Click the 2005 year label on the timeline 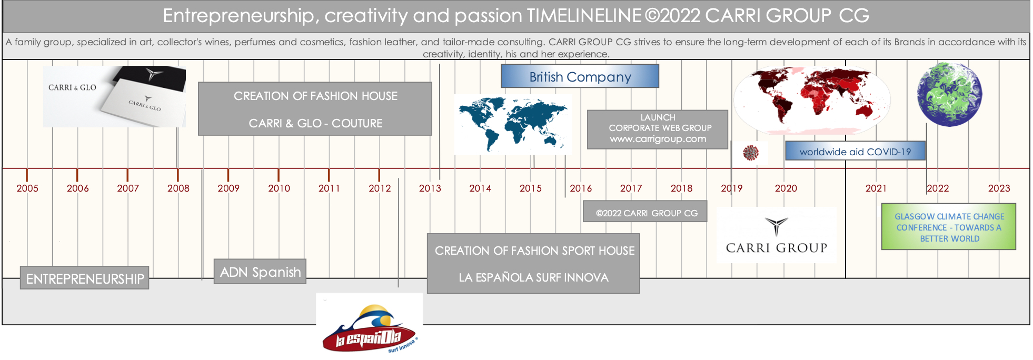click(x=27, y=188)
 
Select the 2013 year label click(x=430, y=188)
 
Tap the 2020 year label click(x=786, y=188)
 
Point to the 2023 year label click(x=999, y=188)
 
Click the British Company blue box click(x=580, y=76)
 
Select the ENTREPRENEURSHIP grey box click(x=85, y=278)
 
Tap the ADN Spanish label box click(x=260, y=272)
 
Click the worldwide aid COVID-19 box click(x=855, y=151)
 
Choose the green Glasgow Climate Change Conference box click(x=949, y=227)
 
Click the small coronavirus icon click(x=751, y=153)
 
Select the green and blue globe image click(x=949, y=94)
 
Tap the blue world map click(x=513, y=124)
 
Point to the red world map click(x=812, y=99)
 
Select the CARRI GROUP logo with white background click(x=776, y=235)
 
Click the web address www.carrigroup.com click(x=658, y=139)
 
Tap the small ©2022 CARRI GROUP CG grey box click(x=645, y=212)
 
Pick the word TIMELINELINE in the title click(x=584, y=16)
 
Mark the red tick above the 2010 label click(x=279, y=175)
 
